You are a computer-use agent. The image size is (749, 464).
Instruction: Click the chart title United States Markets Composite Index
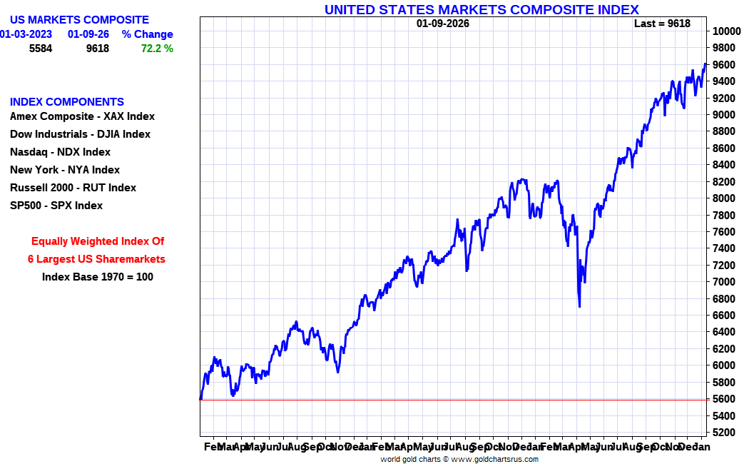tap(481, 9)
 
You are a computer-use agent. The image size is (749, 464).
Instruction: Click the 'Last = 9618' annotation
tap(662, 24)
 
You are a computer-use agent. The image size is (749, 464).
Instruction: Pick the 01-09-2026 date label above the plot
tap(443, 24)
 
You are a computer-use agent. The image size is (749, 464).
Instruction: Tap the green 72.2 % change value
tap(157, 49)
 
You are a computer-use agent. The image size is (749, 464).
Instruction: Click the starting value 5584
tap(41, 49)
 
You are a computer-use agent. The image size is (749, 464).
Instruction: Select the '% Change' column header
tap(147, 34)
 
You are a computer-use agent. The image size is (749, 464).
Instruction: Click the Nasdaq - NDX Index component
tap(60, 152)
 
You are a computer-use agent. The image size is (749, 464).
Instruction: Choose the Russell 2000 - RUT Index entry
tap(73, 188)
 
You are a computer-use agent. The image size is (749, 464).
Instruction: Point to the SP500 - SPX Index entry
tap(56, 206)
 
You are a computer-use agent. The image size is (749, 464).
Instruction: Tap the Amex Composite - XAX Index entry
tap(82, 116)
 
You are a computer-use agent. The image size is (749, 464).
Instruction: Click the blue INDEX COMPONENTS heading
tap(67, 102)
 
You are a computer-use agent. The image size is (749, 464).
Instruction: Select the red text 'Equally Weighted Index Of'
tap(98, 241)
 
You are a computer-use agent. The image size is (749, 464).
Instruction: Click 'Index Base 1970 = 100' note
tap(98, 277)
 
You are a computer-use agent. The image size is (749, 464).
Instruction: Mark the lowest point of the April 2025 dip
tap(579, 306)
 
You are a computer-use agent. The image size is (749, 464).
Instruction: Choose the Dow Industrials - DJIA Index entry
tap(80, 134)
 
